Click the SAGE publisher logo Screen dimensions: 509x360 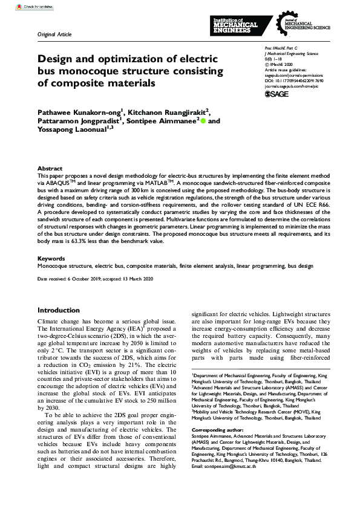[x=277, y=95]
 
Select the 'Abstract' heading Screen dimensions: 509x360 [x=50, y=168]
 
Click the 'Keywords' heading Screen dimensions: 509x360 [x=51, y=258]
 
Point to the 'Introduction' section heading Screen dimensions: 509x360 [x=59, y=310]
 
